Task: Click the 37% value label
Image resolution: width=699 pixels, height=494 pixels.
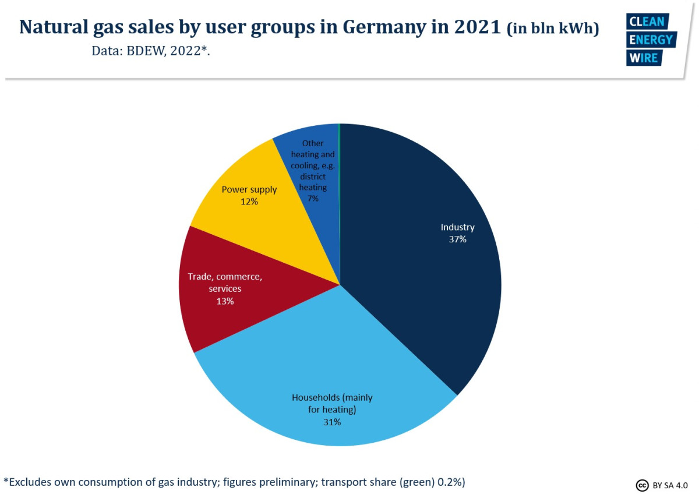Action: pyautogui.click(x=457, y=239)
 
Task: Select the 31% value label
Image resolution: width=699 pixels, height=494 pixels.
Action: pyautogui.click(x=332, y=422)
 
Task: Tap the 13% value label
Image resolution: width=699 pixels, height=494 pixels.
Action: pyautogui.click(x=225, y=301)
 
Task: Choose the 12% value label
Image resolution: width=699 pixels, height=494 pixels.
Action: pyautogui.click(x=249, y=202)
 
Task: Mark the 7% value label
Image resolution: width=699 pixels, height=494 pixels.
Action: pyautogui.click(x=313, y=199)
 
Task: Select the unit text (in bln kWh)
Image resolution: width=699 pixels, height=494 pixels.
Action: pyautogui.click(x=553, y=29)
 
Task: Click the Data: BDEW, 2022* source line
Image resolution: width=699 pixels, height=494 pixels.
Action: pyautogui.click(x=150, y=51)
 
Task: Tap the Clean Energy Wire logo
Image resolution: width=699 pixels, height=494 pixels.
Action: pyautogui.click(x=650, y=40)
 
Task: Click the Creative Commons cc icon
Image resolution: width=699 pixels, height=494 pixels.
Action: pyautogui.click(x=641, y=485)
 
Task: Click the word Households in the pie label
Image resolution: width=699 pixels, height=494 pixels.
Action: pyautogui.click(x=316, y=397)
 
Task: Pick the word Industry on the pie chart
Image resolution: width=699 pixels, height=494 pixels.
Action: pyautogui.click(x=457, y=227)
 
